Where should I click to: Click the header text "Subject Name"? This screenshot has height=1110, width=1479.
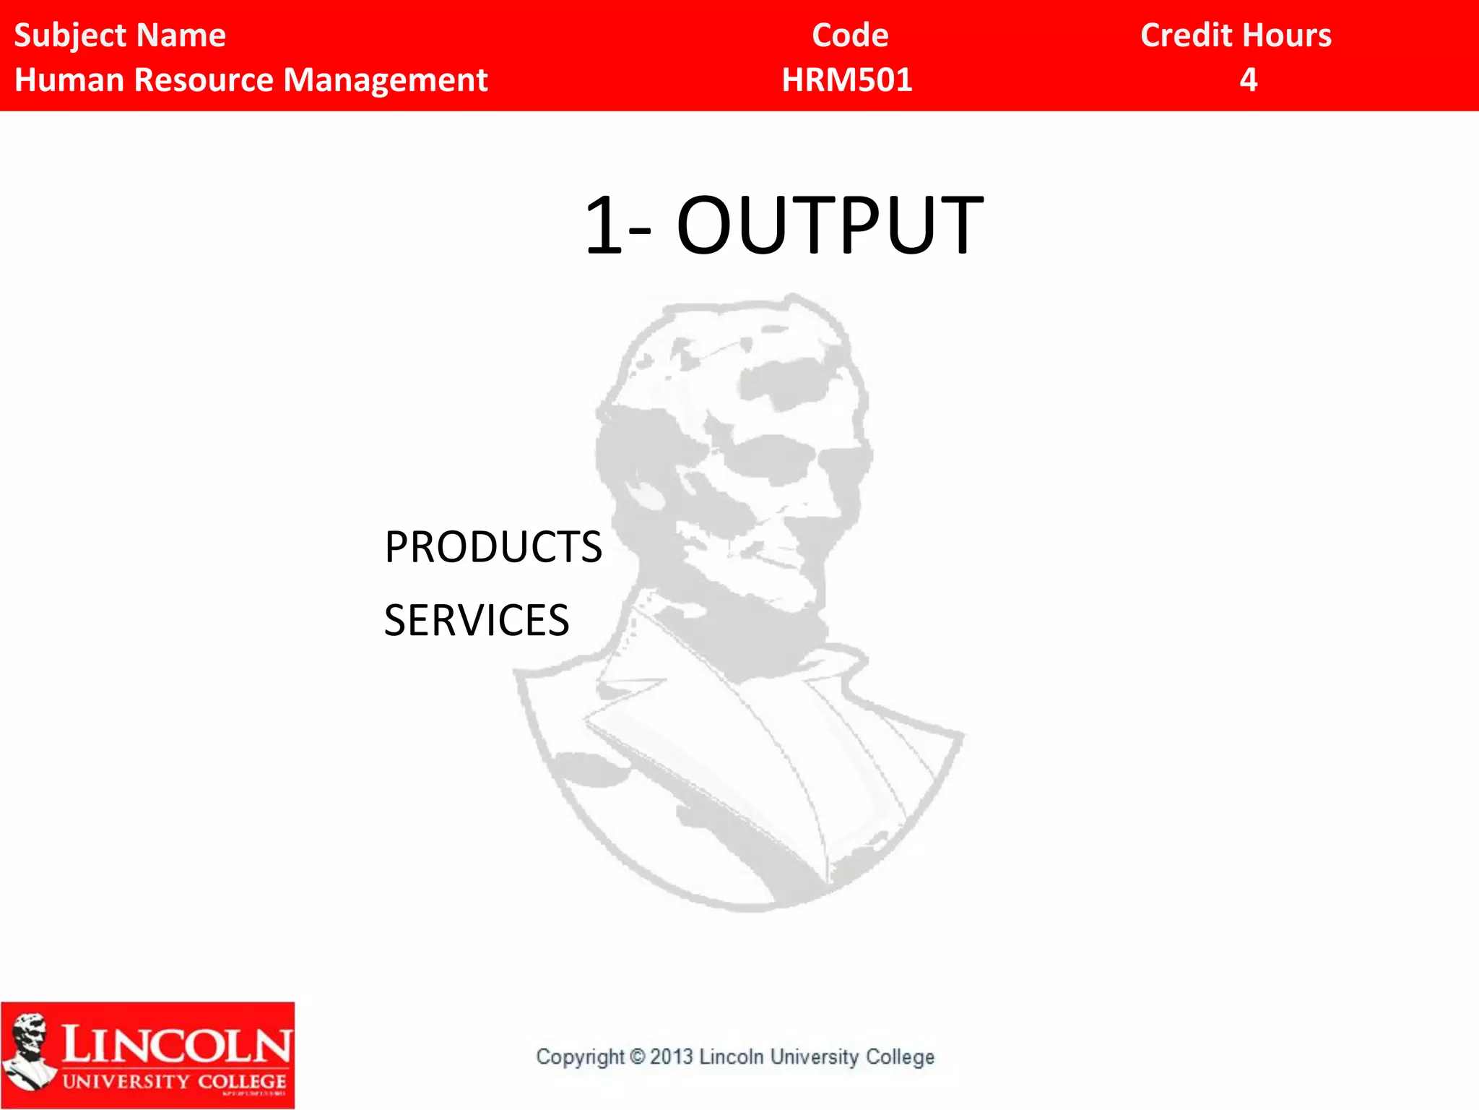click(120, 35)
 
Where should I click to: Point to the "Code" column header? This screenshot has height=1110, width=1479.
click(850, 35)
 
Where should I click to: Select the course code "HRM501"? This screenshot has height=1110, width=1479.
click(847, 80)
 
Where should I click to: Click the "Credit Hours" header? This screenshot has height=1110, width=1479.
click(1236, 35)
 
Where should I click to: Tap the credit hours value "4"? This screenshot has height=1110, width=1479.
click(1249, 80)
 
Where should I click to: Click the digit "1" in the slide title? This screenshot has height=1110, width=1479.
click(603, 226)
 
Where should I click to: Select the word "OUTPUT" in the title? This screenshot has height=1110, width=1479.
click(830, 226)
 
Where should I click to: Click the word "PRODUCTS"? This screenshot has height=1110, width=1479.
click(493, 547)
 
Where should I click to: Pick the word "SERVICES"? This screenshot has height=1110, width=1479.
click(477, 621)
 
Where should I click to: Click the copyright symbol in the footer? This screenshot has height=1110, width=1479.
click(637, 1057)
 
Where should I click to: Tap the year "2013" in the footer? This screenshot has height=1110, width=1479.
click(672, 1057)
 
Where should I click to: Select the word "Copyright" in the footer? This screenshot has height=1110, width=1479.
click(580, 1057)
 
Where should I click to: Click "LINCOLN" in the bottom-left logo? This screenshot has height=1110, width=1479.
click(176, 1045)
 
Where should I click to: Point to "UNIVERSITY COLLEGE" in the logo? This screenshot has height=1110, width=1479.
click(174, 1082)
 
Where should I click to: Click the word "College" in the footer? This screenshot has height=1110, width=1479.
click(900, 1057)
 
